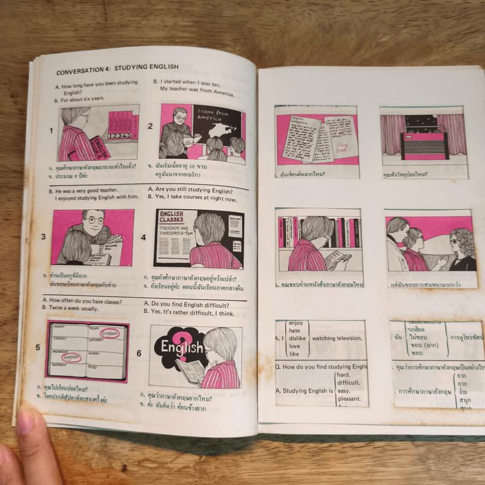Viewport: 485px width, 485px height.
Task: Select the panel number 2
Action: [x=150, y=127]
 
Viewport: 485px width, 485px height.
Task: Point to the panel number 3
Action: [x=44, y=236]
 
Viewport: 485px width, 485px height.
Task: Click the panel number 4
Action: [x=144, y=237]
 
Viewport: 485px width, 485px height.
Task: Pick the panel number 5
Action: [x=38, y=348]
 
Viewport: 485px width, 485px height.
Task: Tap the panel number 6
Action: [x=139, y=353]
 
